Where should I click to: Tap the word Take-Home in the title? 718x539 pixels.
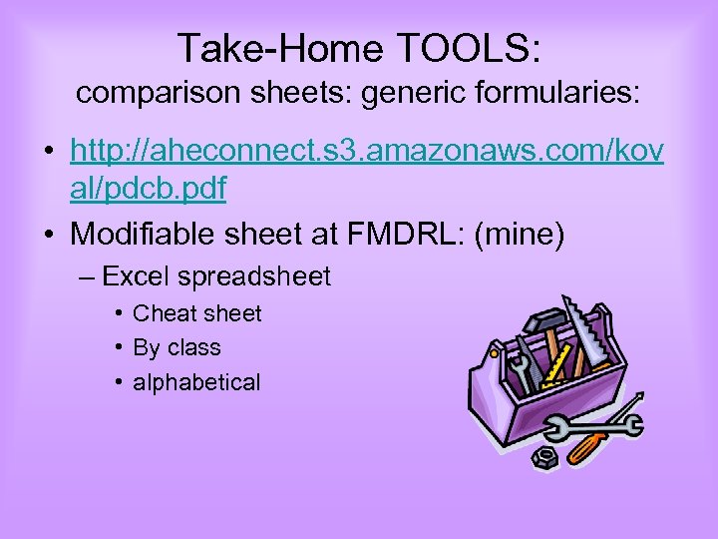272,48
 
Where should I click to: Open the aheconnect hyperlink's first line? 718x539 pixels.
369,153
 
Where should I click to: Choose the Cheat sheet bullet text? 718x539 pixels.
196,313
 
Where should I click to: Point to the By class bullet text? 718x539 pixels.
177,348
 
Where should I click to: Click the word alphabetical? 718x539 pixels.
196,382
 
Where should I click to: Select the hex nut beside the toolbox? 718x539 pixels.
544,457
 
